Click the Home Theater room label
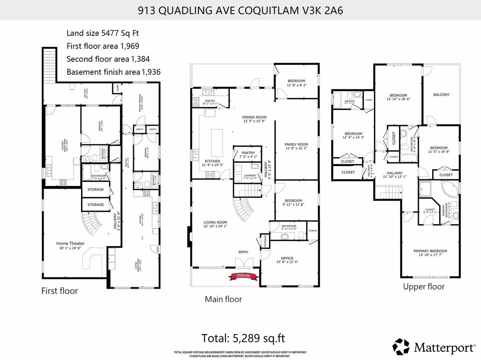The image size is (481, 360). click(70, 243)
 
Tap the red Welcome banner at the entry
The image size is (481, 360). click(243, 276)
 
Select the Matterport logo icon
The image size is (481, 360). click(401, 347)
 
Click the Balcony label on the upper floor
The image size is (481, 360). click(441, 95)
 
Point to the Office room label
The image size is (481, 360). click(287, 258)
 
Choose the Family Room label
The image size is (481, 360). click(296, 145)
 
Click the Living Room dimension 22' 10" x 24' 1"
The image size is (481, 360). click(215, 226)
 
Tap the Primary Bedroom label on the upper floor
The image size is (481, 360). click(430, 251)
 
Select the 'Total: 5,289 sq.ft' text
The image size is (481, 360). click(243, 338)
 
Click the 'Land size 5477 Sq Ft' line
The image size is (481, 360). click(102, 33)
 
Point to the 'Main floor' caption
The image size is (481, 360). click(223, 299)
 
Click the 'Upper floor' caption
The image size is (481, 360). click(424, 287)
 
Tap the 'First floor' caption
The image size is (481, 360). click(60, 291)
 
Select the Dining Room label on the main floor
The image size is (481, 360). click(254, 117)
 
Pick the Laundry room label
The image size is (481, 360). click(250, 175)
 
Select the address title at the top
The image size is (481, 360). click(240, 10)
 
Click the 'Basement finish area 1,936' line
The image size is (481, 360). click(114, 72)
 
